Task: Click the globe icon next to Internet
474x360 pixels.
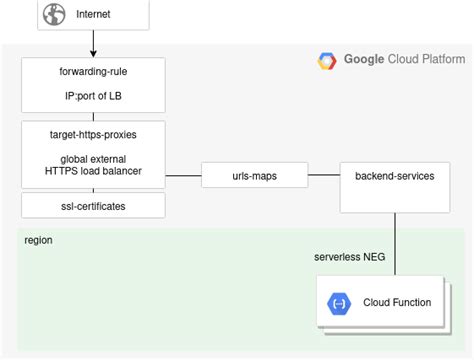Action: point(54,14)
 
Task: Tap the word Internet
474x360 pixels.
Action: point(93,14)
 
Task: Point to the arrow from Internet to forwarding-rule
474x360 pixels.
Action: point(93,43)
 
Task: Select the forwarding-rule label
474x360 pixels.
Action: point(93,71)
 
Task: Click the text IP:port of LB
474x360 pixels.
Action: point(93,96)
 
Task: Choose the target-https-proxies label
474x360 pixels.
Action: point(93,135)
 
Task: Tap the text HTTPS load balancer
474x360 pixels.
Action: point(93,171)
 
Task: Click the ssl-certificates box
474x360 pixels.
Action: point(93,206)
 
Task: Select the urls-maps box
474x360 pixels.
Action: point(255,175)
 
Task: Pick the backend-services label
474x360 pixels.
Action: point(395,176)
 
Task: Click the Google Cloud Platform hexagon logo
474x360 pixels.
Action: point(327,61)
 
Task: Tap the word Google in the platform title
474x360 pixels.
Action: point(364,59)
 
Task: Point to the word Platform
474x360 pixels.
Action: point(443,59)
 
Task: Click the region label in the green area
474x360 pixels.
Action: point(38,240)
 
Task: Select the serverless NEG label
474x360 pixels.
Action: point(350,257)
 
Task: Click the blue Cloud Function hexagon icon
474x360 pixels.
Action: point(339,304)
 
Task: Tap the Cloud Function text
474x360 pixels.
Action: point(397,302)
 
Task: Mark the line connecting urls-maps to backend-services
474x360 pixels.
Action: point(324,175)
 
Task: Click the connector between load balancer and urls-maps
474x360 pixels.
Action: point(183,175)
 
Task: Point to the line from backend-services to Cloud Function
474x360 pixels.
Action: point(395,244)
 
